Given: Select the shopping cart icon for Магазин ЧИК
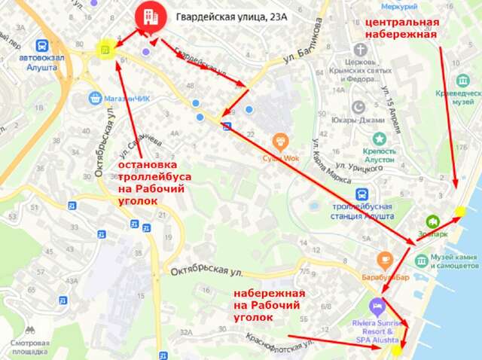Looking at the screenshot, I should pos(95,97).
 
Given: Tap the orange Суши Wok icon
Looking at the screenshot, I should pos(280,139).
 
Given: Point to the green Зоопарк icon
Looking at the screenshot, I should pos(432,221).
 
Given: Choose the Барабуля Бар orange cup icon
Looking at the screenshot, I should pos(386,259).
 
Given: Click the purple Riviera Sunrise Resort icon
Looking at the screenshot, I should pos(377,307).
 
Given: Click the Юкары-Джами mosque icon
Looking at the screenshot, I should pos(358,106).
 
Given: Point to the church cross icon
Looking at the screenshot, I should pos(360,48).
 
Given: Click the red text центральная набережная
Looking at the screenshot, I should pos(401,29).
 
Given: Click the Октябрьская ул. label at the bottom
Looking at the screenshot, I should pos(206,270).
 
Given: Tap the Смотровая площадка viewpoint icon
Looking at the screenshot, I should pos(30,330).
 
